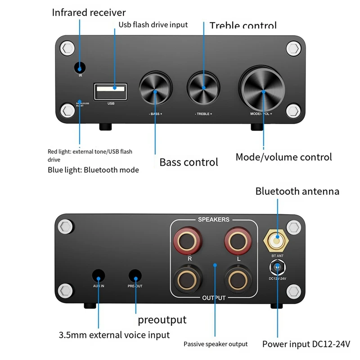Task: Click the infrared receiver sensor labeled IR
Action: [x=80, y=68]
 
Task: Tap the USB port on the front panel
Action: [x=111, y=91]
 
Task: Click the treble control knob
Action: [x=203, y=89]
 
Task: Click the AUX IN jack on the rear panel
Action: [x=99, y=276]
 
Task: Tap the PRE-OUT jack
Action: [x=135, y=276]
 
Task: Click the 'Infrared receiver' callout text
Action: [x=89, y=12]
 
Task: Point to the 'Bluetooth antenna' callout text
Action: [x=297, y=191]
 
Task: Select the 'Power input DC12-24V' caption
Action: [x=306, y=345]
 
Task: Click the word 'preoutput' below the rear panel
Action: [x=162, y=320]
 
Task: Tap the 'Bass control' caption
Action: [x=189, y=162]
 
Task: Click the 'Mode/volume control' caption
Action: [x=284, y=157]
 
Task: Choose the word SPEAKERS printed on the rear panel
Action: [x=214, y=220]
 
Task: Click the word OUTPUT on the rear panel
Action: [x=214, y=298]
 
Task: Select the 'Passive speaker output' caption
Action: [x=216, y=344]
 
